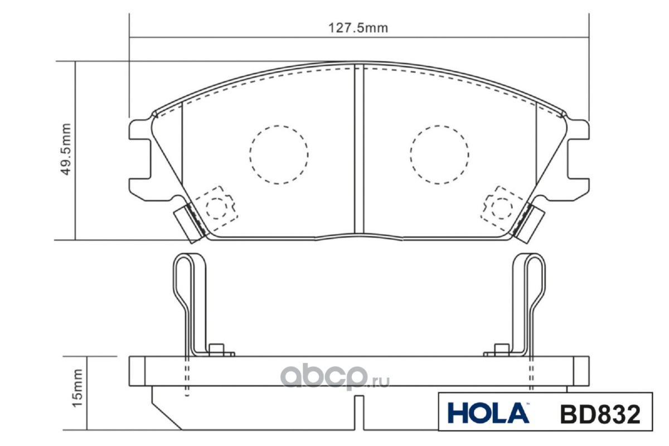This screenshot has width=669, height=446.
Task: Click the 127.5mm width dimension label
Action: pos(358,28)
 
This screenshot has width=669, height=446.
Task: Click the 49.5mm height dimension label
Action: pos(66,149)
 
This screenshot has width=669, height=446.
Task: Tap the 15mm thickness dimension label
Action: pos(77,388)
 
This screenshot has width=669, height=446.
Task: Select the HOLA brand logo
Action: pos(488,413)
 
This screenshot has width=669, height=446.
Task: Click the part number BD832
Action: pos(600,414)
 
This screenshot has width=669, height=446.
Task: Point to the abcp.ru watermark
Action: pos(335,376)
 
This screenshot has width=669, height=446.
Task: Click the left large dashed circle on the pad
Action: pos(279,155)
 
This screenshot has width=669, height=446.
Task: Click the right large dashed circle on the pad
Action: pos(439,155)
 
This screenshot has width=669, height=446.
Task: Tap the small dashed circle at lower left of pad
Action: pos(216,208)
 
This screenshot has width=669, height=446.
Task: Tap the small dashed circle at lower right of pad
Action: pos(502,208)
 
